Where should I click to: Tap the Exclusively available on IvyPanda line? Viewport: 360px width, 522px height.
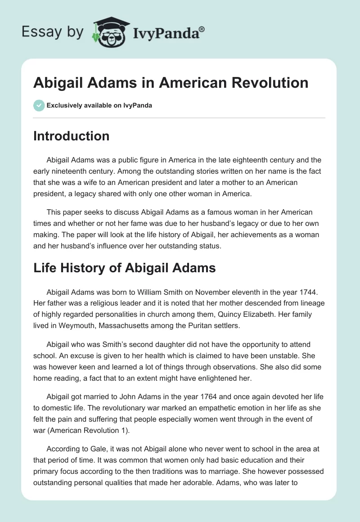[x=99, y=105]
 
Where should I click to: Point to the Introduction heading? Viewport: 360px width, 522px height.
[x=71, y=136]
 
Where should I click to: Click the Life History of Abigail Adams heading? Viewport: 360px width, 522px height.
[x=125, y=268]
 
